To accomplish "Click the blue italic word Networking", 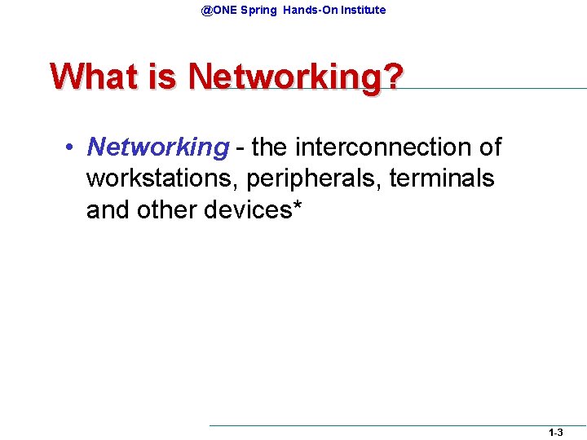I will (157, 148).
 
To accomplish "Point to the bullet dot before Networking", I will (72, 148).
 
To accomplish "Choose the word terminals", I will (442, 178).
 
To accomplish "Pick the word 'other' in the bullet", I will (166, 209).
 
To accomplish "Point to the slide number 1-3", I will (555, 433).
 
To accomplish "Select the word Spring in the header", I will (258, 11).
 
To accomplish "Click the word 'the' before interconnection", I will (270, 147).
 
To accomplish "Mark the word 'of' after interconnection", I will (490, 147).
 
